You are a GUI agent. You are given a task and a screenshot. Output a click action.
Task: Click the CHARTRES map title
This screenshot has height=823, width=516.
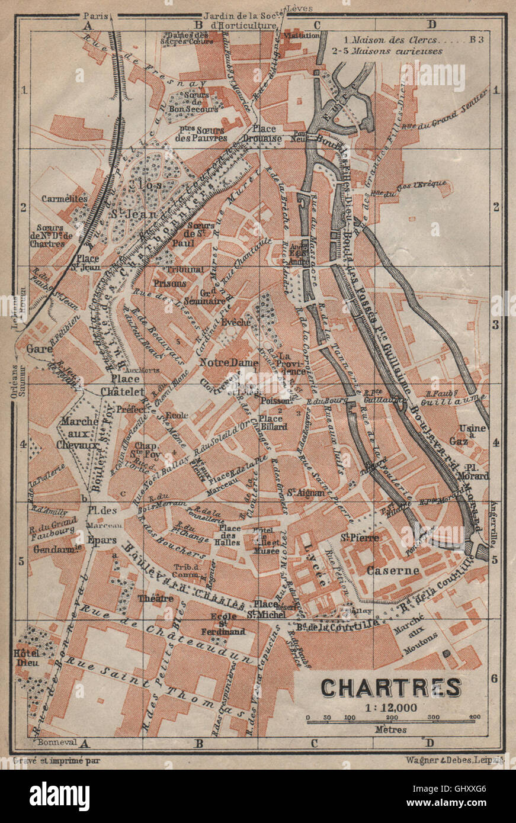[x=391, y=687]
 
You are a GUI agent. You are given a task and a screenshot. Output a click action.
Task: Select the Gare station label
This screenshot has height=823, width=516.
[x=36, y=349]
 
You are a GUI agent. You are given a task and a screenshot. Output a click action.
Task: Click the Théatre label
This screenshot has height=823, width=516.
[x=156, y=598]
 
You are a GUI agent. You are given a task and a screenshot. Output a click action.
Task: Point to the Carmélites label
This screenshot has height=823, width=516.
[x=65, y=199]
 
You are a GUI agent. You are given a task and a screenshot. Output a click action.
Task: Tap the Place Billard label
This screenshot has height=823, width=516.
[x=273, y=422]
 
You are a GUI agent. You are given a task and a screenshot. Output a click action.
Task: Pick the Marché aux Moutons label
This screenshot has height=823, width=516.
[x=424, y=636]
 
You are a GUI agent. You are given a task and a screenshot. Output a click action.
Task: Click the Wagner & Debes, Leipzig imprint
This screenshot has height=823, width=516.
[x=454, y=760]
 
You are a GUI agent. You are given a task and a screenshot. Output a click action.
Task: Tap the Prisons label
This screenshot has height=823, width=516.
[x=170, y=283]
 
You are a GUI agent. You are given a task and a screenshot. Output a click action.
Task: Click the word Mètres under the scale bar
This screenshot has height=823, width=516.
[x=390, y=729]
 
